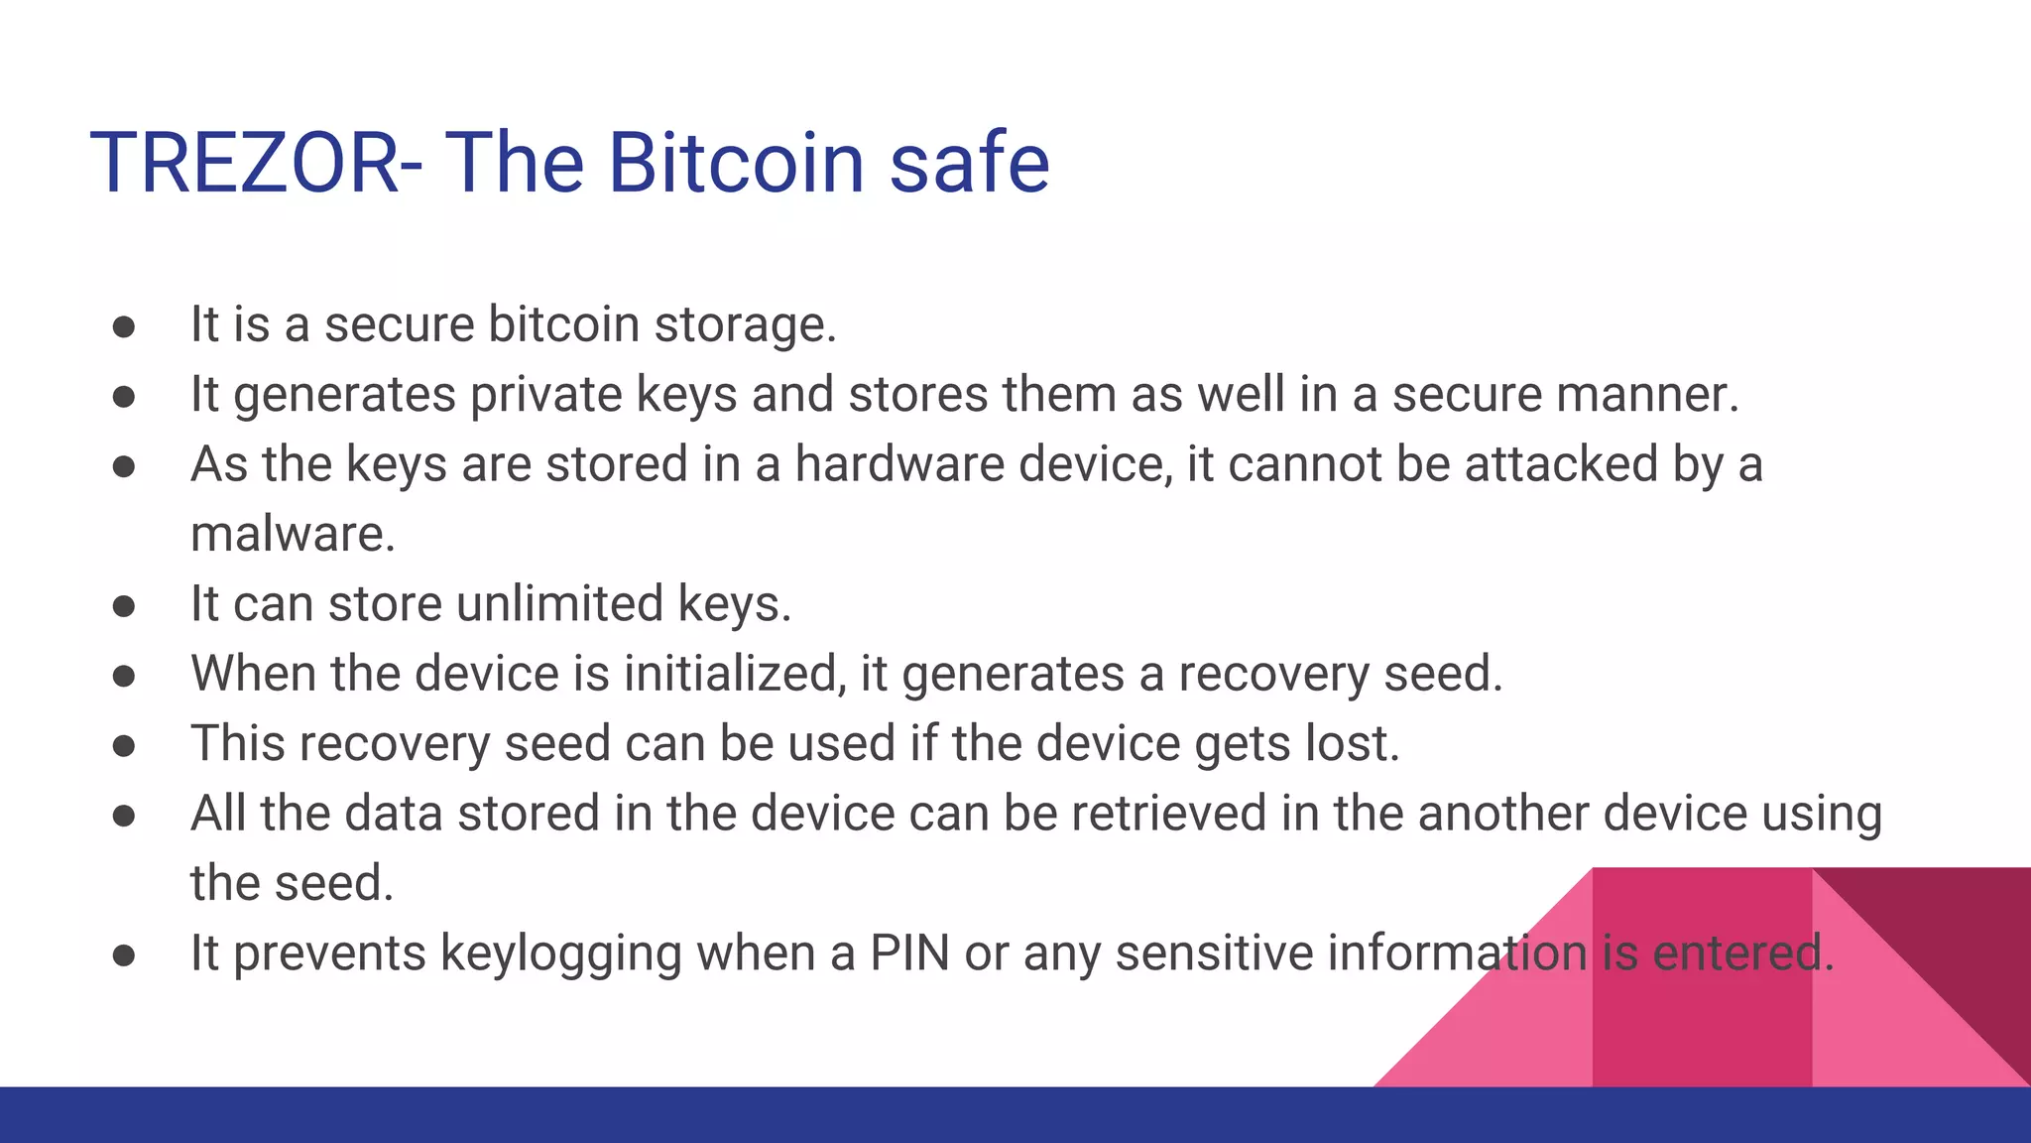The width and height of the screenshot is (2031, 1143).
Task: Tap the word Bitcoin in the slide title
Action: pyautogui.click(x=737, y=163)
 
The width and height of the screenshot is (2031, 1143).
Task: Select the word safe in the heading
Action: pyautogui.click(x=969, y=163)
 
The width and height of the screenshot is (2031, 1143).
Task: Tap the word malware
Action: pyautogui.click(x=293, y=535)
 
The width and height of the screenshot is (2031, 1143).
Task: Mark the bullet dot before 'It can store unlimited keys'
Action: pyautogui.click(x=124, y=606)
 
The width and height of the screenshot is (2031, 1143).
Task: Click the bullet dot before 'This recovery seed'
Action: pyautogui.click(x=124, y=746)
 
